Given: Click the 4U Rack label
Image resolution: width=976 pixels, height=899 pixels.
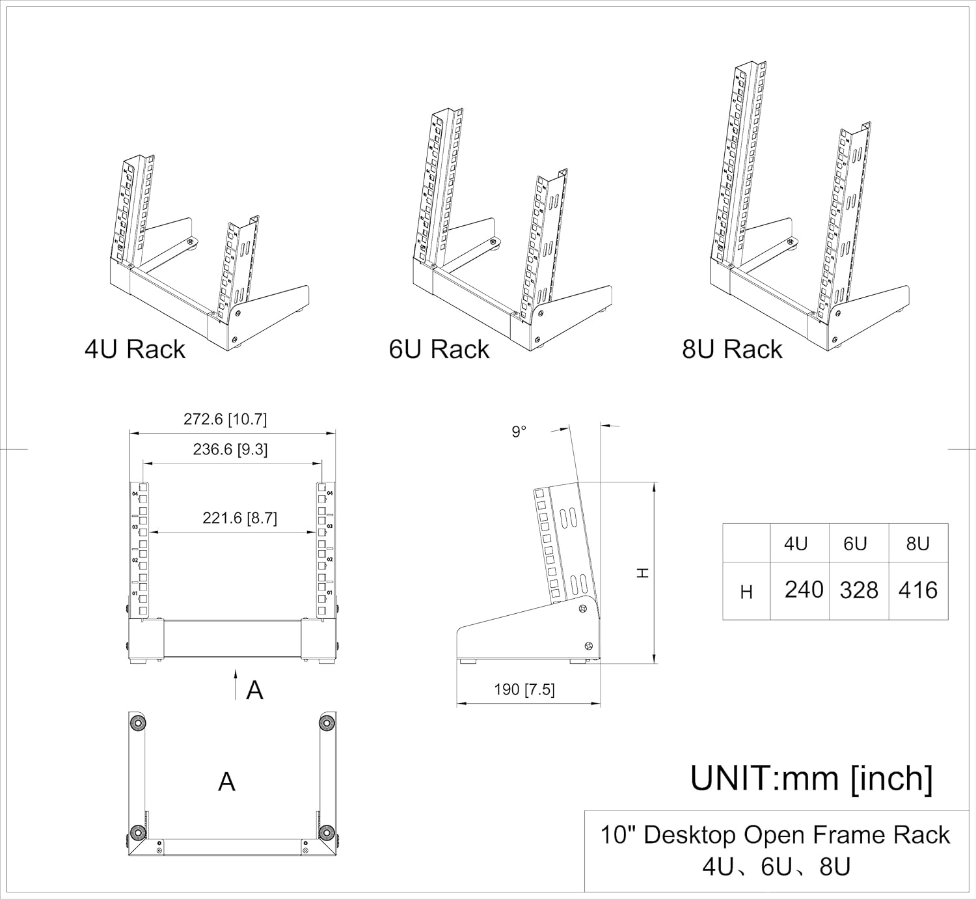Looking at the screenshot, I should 135,350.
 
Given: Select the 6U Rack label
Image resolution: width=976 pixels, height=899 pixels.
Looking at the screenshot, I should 439,350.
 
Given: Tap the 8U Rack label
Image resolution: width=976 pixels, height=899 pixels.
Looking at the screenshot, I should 731,350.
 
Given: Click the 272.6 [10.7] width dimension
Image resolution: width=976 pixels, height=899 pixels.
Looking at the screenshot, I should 225,419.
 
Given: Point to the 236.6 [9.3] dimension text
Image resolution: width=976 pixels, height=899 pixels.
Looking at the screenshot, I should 230,449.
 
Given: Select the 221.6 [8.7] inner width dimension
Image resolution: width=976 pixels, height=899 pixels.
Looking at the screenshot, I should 239,518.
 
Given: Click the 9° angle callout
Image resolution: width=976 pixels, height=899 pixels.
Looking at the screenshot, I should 519,432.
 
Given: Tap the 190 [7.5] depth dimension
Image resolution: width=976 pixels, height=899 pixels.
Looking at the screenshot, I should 524,689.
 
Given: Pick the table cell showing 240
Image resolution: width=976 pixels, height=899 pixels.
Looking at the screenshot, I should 804,590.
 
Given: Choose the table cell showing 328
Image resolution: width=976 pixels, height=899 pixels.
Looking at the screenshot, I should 859,590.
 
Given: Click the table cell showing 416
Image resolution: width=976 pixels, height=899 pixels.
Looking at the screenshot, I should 918,590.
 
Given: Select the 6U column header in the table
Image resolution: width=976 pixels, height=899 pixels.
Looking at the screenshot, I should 855,544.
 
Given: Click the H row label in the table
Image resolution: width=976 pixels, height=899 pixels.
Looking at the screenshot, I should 746,592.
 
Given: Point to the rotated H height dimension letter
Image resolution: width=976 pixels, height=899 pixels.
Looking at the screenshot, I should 642,573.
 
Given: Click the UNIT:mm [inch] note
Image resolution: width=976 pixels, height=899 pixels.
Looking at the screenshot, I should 811,779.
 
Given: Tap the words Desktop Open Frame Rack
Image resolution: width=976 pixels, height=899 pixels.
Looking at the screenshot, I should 796,835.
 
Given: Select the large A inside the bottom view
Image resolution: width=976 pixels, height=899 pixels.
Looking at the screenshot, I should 226,781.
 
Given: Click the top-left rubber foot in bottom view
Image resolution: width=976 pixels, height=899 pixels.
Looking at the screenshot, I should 137,723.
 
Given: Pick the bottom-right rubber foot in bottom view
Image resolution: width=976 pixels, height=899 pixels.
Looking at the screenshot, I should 327,833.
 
